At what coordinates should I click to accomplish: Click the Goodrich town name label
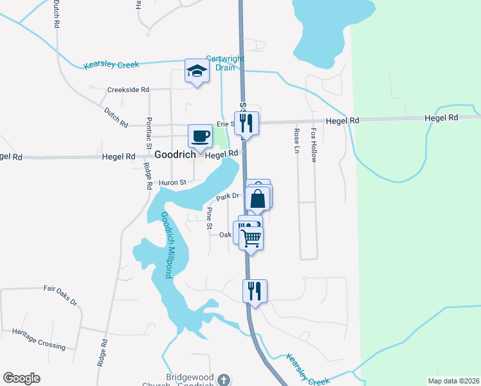(x=175, y=155)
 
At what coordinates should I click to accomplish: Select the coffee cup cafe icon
(x=200, y=136)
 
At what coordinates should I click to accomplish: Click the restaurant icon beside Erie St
(x=246, y=123)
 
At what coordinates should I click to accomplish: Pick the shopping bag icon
(x=258, y=198)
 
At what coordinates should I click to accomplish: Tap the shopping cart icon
(x=251, y=239)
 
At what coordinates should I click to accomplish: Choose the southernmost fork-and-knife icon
(x=255, y=291)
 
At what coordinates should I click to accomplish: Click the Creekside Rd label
(x=128, y=90)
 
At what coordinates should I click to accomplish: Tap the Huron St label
(x=173, y=182)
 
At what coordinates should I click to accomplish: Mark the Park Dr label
(x=228, y=196)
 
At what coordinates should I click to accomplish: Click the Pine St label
(x=209, y=218)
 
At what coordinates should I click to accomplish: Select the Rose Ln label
(x=297, y=141)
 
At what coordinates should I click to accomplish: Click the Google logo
(x=21, y=378)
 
